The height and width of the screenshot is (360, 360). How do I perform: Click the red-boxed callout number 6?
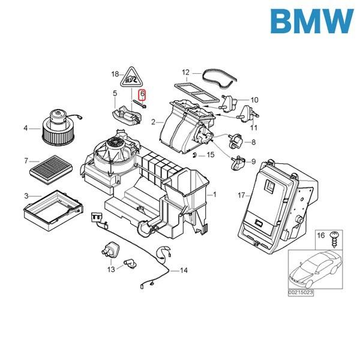click(143, 95)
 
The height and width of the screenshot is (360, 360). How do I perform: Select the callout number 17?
click(241, 195)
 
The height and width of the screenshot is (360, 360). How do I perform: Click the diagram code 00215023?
click(300, 292)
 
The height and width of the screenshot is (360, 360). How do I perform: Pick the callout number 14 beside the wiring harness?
click(184, 271)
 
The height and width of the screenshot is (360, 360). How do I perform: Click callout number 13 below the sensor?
click(110, 270)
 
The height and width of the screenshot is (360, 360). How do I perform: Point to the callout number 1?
click(212, 195)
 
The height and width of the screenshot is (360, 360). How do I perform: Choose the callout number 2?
click(154, 122)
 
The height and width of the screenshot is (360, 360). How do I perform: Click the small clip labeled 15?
click(196, 155)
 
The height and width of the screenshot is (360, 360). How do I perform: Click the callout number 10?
click(254, 100)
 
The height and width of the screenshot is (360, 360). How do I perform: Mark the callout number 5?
click(114, 93)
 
